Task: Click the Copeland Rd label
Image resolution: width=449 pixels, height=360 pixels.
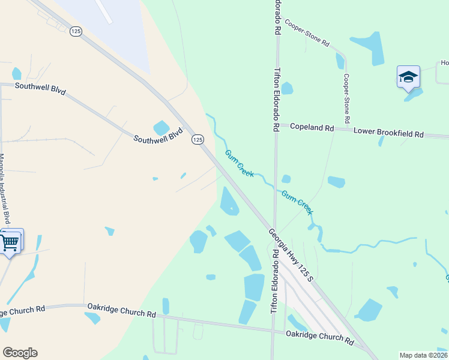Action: pyautogui.click(x=312, y=127)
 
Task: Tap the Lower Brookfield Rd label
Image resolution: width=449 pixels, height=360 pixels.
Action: pyautogui.click(x=388, y=131)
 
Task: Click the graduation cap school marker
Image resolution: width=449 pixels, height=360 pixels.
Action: pyautogui.click(x=408, y=77)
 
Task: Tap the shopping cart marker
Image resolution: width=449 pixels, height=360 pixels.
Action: pyautogui.click(x=10, y=242)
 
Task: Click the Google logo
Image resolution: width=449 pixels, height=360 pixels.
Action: pyautogui.click(x=20, y=353)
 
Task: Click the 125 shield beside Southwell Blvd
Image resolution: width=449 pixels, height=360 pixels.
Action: pyautogui.click(x=197, y=139)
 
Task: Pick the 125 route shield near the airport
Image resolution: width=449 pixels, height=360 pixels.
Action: pyautogui.click(x=76, y=31)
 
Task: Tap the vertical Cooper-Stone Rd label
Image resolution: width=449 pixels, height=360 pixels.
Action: pyautogui.click(x=347, y=96)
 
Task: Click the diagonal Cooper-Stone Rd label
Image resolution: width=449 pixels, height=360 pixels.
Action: pyautogui.click(x=308, y=34)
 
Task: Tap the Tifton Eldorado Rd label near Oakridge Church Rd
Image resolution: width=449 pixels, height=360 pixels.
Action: pyautogui.click(x=275, y=280)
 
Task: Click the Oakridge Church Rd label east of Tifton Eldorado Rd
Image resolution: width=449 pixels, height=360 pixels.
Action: pyautogui.click(x=319, y=337)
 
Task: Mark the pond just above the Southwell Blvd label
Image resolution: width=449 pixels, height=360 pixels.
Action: pyautogui.click(x=161, y=127)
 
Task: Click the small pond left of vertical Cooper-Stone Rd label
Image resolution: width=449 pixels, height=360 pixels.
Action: pyautogui.click(x=340, y=61)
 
